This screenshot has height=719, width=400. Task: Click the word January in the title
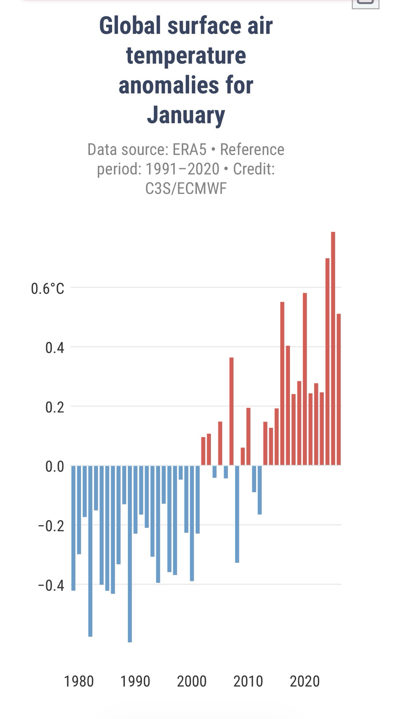tap(186, 115)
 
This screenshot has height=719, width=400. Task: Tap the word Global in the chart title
tap(130, 26)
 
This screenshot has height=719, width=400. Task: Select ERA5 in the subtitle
tap(189, 150)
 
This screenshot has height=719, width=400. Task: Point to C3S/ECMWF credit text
tap(186, 188)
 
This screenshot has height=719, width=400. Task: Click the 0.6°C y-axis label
tap(47, 289)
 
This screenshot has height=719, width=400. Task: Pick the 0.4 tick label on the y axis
tap(55, 348)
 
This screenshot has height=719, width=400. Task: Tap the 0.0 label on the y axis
tap(55, 467)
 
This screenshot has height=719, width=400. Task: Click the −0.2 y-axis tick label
tap(51, 526)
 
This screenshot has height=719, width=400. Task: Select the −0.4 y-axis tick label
tap(51, 585)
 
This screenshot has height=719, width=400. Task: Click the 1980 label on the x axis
tap(79, 681)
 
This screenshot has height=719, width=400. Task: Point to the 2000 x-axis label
tap(192, 681)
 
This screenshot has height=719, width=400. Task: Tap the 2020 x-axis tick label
tap(305, 681)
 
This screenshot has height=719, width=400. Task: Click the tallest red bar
tap(333, 349)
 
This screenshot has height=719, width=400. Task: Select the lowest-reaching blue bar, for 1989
tap(130, 554)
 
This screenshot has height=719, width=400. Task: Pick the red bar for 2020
tap(305, 379)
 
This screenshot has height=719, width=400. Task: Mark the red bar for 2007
tap(231, 411)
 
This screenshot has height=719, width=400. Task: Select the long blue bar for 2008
tap(237, 514)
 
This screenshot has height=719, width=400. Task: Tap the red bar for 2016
tap(282, 384)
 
